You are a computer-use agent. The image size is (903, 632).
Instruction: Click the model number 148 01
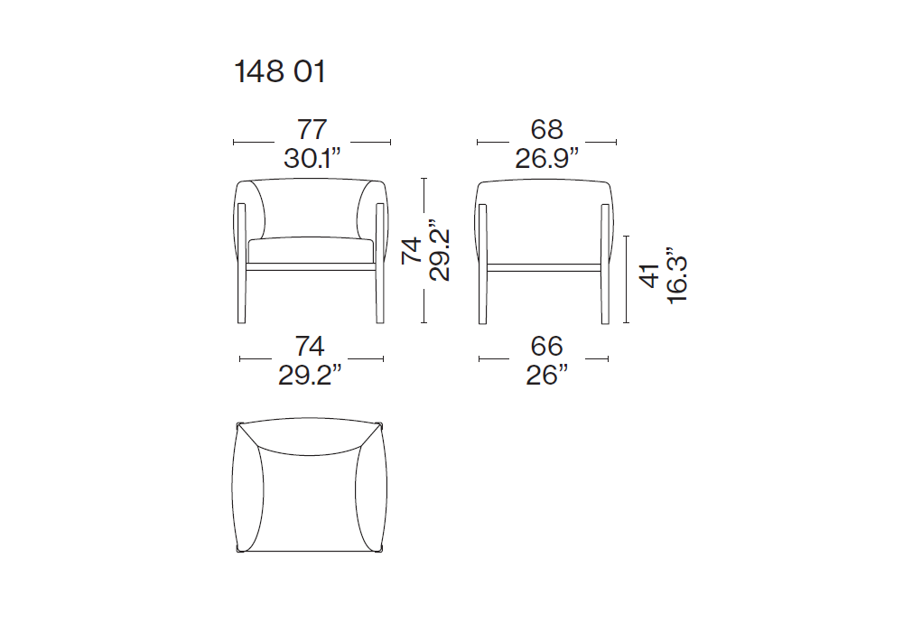click(x=280, y=72)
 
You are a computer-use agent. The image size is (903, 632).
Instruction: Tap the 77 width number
click(x=312, y=129)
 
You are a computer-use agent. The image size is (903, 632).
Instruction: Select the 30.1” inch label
click(x=312, y=158)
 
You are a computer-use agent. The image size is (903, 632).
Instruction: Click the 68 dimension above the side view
click(x=546, y=129)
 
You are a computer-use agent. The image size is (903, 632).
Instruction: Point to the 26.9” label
click(x=546, y=158)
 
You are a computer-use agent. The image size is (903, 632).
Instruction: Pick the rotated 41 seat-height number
click(x=649, y=276)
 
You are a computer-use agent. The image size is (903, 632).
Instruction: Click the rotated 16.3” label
click(x=676, y=275)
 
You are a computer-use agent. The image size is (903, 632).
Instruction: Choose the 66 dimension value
click(x=546, y=347)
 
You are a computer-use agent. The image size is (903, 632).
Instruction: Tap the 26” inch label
click(x=546, y=376)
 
